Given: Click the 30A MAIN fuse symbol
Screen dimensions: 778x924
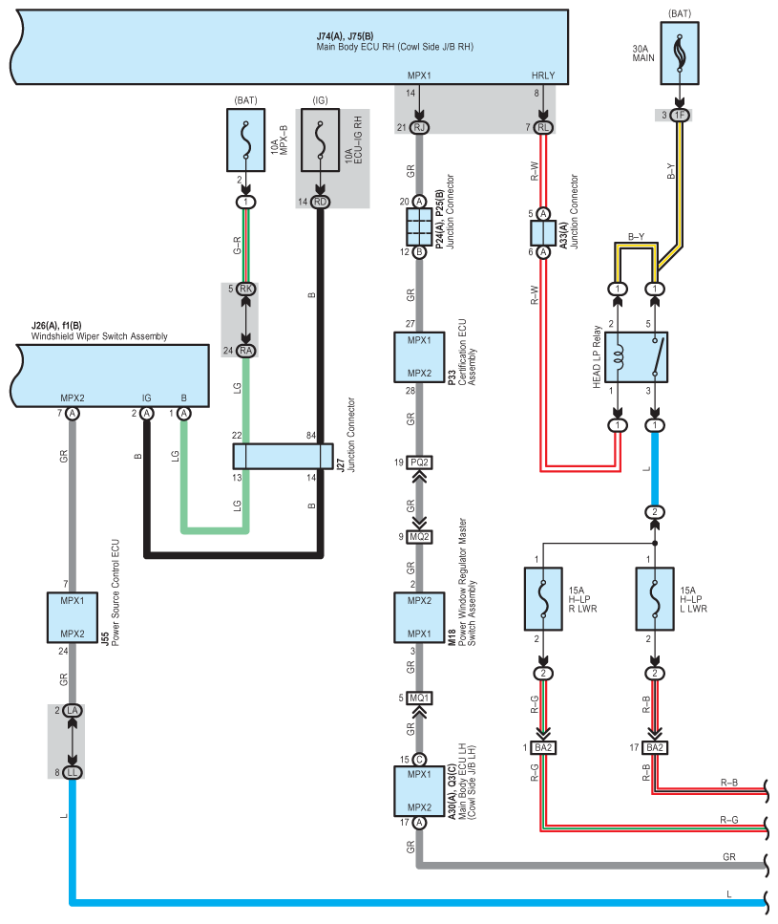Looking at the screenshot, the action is click(x=680, y=54).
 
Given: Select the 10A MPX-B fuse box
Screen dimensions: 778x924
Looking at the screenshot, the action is click(x=246, y=140).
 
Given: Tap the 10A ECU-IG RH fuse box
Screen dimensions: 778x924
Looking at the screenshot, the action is click(x=320, y=140).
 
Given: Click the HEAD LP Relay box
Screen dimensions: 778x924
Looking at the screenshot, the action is click(x=636, y=357).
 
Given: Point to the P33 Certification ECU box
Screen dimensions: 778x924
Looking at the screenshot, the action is click(x=420, y=357).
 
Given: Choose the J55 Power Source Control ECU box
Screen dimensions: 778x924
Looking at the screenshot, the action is click(x=73, y=617).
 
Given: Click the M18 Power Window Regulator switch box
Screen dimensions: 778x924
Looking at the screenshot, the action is click(x=420, y=617).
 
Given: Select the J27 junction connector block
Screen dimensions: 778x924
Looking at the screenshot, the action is click(x=284, y=457).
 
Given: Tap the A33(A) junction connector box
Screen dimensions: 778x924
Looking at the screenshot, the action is click(x=543, y=233).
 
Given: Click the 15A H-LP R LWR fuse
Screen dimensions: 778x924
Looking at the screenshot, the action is click(x=543, y=599).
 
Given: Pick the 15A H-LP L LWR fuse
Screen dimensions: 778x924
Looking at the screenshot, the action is click(x=655, y=599).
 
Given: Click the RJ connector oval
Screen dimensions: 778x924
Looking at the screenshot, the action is click(x=420, y=127).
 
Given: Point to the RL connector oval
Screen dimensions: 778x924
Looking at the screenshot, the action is click(x=543, y=127).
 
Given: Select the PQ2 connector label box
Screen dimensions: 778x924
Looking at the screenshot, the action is click(x=420, y=462).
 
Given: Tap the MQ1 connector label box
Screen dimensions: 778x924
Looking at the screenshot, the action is click(x=420, y=698).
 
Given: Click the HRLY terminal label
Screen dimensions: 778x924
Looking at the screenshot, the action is click(x=543, y=75).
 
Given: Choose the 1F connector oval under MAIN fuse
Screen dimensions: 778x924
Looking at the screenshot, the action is click(x=680, y=115).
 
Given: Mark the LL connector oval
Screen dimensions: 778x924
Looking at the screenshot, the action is click(x=73, y=773).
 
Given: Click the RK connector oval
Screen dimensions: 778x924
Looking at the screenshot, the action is click(x=246, y=289).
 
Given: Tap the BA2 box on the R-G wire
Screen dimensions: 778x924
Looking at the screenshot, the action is click(x=543, y=748).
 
